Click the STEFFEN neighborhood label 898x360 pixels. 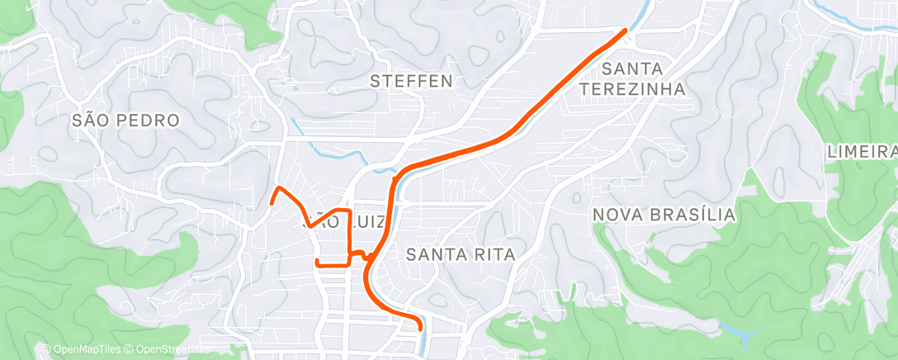pyautogui.click(x=411, y=81)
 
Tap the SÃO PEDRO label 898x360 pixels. pyautogui.click(x=125, y=121)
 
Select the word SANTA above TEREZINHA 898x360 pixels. pyautogui.click(x=633, y=69)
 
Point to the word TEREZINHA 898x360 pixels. pyautogui.click(x=633, y=88)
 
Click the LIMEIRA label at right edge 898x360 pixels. pyautogui.click(x=862, y=152)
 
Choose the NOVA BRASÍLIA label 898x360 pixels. pyautogui.click(x=664, y=215)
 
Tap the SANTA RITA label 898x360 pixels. pyautogui.click(x=461, y=254)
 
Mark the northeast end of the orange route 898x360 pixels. pyautogui.click(x=625, y=31)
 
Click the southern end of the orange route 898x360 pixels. pyautogui.click(x=421, y=328)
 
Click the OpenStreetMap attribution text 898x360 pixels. pyautogui.click(x=173, y=349)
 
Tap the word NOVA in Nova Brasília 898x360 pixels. pyautogui.click(x=616, y=215)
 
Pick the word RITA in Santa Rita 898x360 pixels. pyautogui.click(x=492, y=254)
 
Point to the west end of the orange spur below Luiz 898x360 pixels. pyautogui.click(x=317, y=262)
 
